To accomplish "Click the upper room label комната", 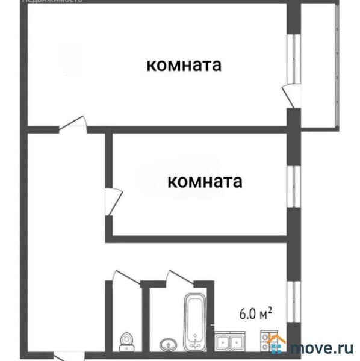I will tap(184, 65).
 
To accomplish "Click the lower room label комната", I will tap(205, 181).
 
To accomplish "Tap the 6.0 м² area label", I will tap(256, 313).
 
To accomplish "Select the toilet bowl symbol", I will tap(127, 341).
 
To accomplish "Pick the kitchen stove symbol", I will tap(267, 341).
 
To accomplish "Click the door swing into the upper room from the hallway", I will tap(72, 125).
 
